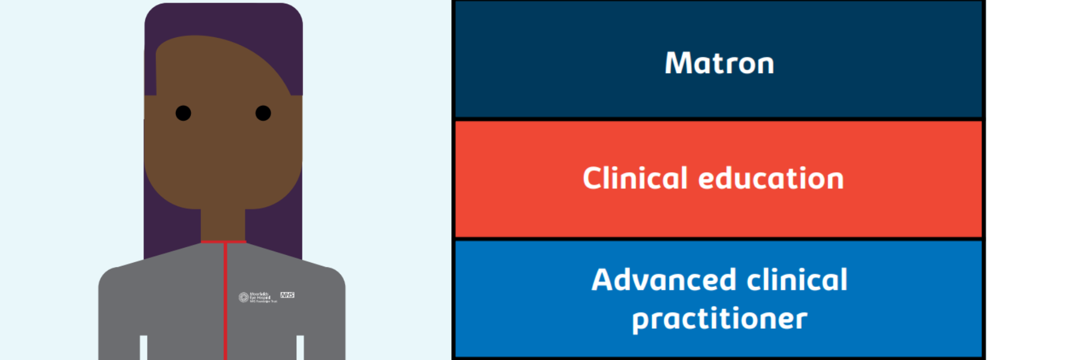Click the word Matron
(x=719, y=63)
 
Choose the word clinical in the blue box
(x=797, y=280)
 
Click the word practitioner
(x=719, y=319)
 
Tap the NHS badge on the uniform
(x=287, y=295)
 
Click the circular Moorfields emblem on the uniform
(x=244, y=297)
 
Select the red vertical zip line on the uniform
(x=226, y=300)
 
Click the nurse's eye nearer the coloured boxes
(x=263, y=113)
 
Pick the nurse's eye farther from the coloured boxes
(x=183, y=113)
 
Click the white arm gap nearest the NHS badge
(x=300, y=348)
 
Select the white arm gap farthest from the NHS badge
(x=143, y=348)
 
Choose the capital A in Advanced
(x=604, y=280)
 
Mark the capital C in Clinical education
(x=593, y=178)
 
